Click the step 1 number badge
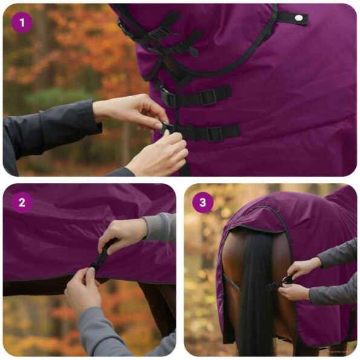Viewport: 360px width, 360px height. [22, 23]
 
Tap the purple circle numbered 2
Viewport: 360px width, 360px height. [22, 202]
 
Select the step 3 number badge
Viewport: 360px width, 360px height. [203, 202]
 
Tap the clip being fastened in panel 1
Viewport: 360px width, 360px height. [168, 128]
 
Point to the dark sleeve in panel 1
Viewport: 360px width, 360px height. [48, 133]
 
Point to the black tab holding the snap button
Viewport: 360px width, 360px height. [293, 18]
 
